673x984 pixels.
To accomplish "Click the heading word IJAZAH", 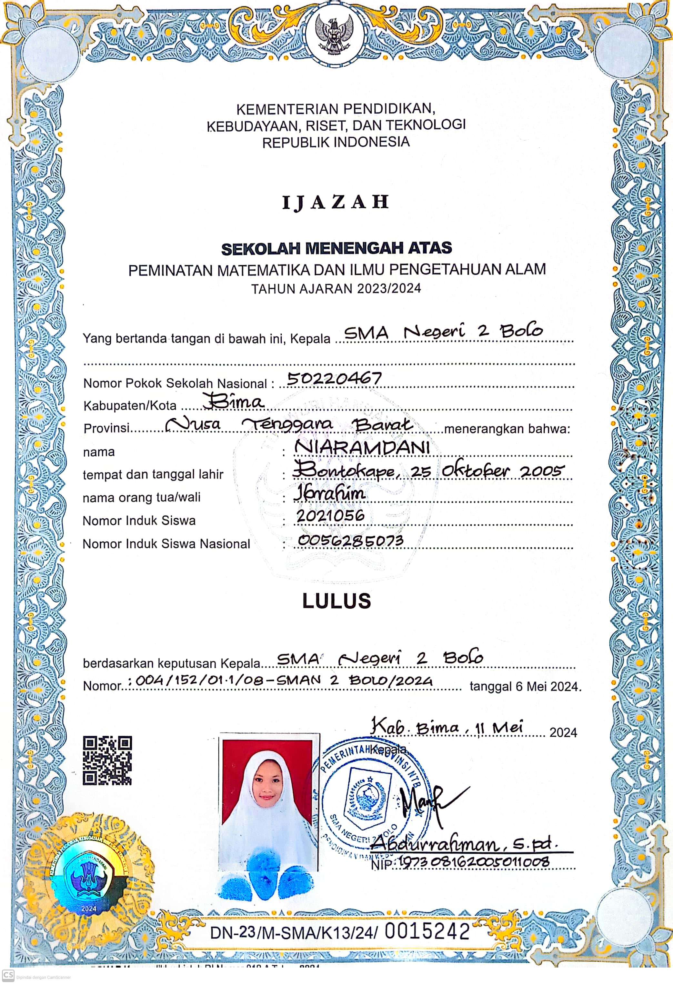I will point(336,203).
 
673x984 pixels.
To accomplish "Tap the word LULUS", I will point(337,601).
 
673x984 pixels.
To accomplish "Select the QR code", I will point(107,760).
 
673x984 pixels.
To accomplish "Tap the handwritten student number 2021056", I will point(330,515).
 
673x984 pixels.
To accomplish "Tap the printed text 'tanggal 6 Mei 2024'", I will point(525,686).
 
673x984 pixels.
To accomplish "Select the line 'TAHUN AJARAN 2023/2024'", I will point(336,289).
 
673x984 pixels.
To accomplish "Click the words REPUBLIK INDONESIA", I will point(336,142).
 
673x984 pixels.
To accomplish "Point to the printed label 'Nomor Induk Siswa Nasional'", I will point(166,544).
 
